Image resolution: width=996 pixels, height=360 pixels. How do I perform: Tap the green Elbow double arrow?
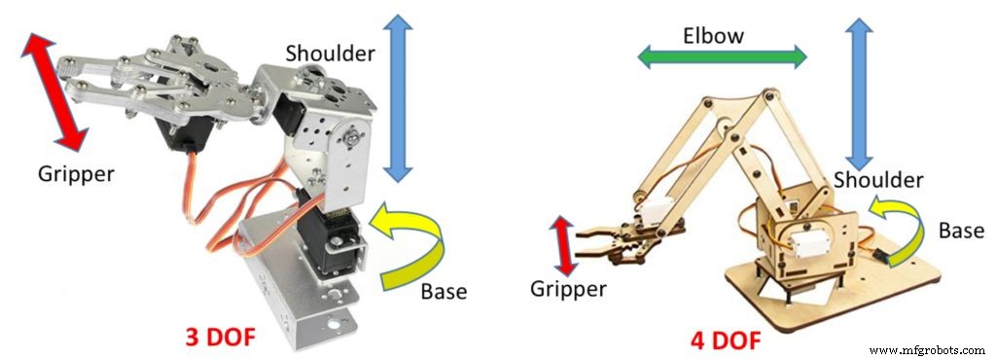tap(722, 57)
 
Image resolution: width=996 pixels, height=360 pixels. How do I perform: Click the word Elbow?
tap(712, 36)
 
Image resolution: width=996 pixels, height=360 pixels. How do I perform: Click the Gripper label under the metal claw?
tap(76, 175)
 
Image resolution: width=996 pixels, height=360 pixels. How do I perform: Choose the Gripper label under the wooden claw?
tap(569, 289)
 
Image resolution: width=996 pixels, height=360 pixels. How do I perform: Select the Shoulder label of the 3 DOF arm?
tap(331, 54)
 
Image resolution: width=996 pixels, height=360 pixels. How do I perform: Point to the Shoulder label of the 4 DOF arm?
tap(878, 180)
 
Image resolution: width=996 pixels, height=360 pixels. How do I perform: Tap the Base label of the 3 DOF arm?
tap(444, 292)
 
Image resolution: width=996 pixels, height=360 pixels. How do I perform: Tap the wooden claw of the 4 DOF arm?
tap(613, 240)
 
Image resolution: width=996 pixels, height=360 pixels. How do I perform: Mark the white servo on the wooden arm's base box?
tap(814, 234)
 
